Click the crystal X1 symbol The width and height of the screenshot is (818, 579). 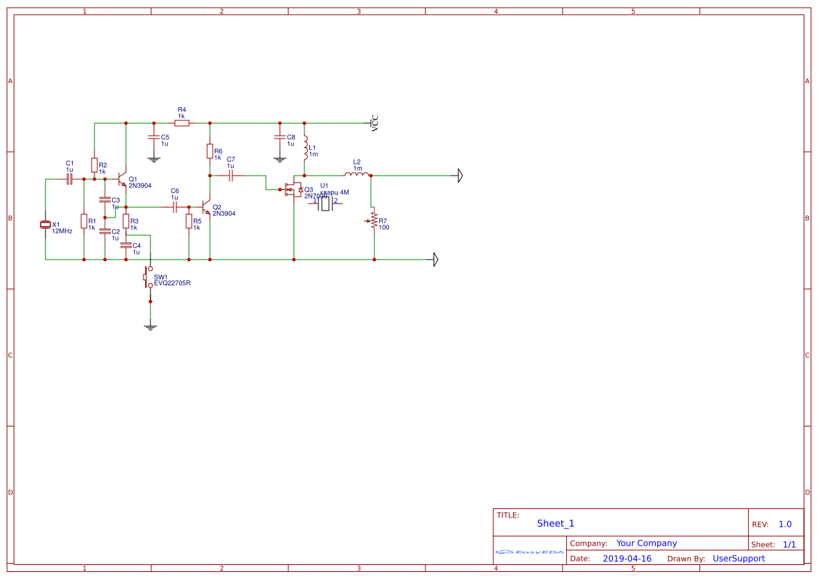[x=45, y=224]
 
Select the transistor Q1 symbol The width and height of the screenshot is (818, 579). [x=123, y=179]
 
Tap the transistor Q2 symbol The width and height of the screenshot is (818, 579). [x=207, y=207]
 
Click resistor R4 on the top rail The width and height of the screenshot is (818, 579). [x=182, y=123]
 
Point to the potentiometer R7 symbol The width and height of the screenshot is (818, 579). [x=374, y=221]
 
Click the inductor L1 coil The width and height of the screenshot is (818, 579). [x=305, y=148]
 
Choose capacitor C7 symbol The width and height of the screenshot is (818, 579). [x=231, y=175]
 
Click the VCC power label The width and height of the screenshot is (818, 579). [x=374, y=123]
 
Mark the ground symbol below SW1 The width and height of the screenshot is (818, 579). [x=150, y=326]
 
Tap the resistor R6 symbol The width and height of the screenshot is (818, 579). [x=210, y=151]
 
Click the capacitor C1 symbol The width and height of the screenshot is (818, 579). [x=69, y=179]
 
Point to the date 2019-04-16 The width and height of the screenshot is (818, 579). [x=626, y=559]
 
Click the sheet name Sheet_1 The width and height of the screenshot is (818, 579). [x=556, y=524]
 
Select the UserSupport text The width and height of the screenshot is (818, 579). [x=738, y=559]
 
